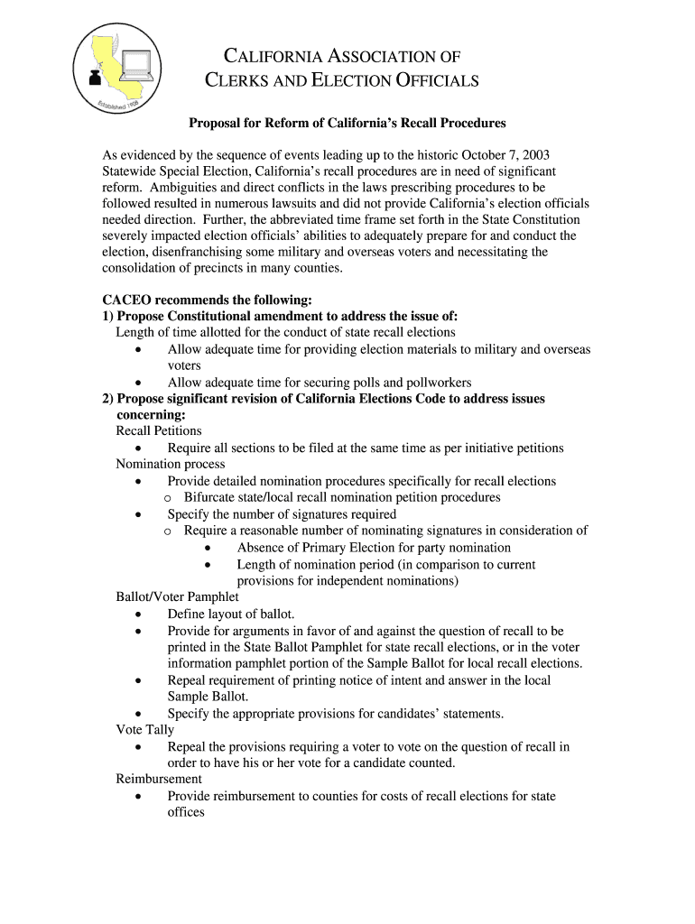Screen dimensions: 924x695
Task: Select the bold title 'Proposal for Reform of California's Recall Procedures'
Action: pyautogui.click(x=347, y=123)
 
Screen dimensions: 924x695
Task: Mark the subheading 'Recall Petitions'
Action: pyautogui.click(x=159, y=431)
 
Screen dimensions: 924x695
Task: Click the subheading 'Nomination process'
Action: pyautogui.click(x=171, y=464)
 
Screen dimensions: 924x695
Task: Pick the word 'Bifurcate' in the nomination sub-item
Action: pyautogui.click(x=210, y=497)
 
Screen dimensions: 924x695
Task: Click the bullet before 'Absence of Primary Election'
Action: pyautogui.click(x=208, y=548)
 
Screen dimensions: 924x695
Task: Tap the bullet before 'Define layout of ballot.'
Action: pyautogui.click(x=137, y=614)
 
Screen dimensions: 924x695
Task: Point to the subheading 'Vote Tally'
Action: pyautogui.click(x=145, y=730)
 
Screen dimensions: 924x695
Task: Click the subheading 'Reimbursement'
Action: pyautogui.click(x=159, y=779)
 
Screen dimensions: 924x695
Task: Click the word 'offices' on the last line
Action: pyautogui.click(x=186, y=812)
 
